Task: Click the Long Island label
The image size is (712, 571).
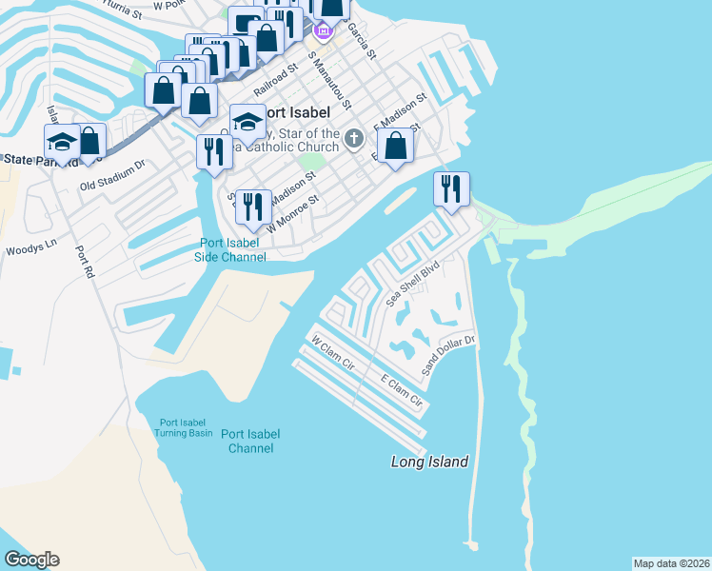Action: pos(430,462)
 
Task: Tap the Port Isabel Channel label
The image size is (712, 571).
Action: pos(251,441)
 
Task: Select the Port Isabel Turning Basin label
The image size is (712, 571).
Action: pos(186,427)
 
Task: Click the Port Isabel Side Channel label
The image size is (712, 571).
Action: pos(230,249)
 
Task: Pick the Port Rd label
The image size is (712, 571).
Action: pos(85,264)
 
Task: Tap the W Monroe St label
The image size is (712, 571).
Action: pos(290,217)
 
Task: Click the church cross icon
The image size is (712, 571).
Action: pos(353,139)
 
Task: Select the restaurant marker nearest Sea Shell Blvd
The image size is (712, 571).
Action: pos(451,188)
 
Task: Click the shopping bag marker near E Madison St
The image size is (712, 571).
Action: pos(396,147)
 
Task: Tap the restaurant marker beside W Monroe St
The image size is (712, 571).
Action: pos(252,206)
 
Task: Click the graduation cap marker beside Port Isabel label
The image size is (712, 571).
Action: pos(247,122)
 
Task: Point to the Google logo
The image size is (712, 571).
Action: pos(31,560)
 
